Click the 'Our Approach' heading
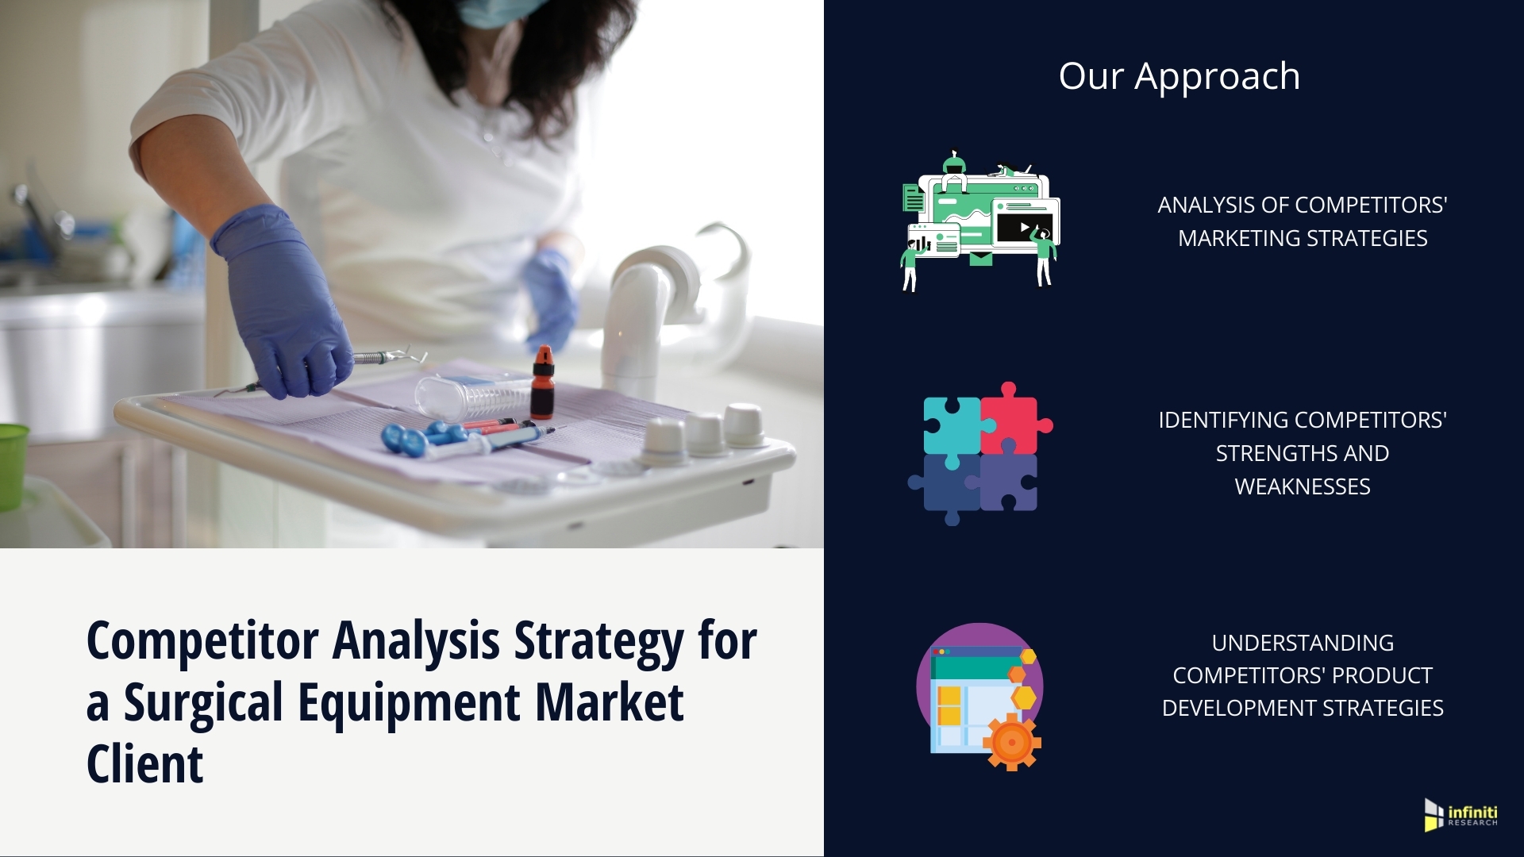point(1180,77)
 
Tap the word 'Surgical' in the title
point(204,703)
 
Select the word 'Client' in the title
point(144,764)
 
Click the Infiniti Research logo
point(1461,815)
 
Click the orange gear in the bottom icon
point(1011,742)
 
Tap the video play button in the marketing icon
point(1025,228)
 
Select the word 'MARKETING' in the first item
point(1239,238)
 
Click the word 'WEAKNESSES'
point(1303,486)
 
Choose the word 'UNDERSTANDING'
point(1303,643)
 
